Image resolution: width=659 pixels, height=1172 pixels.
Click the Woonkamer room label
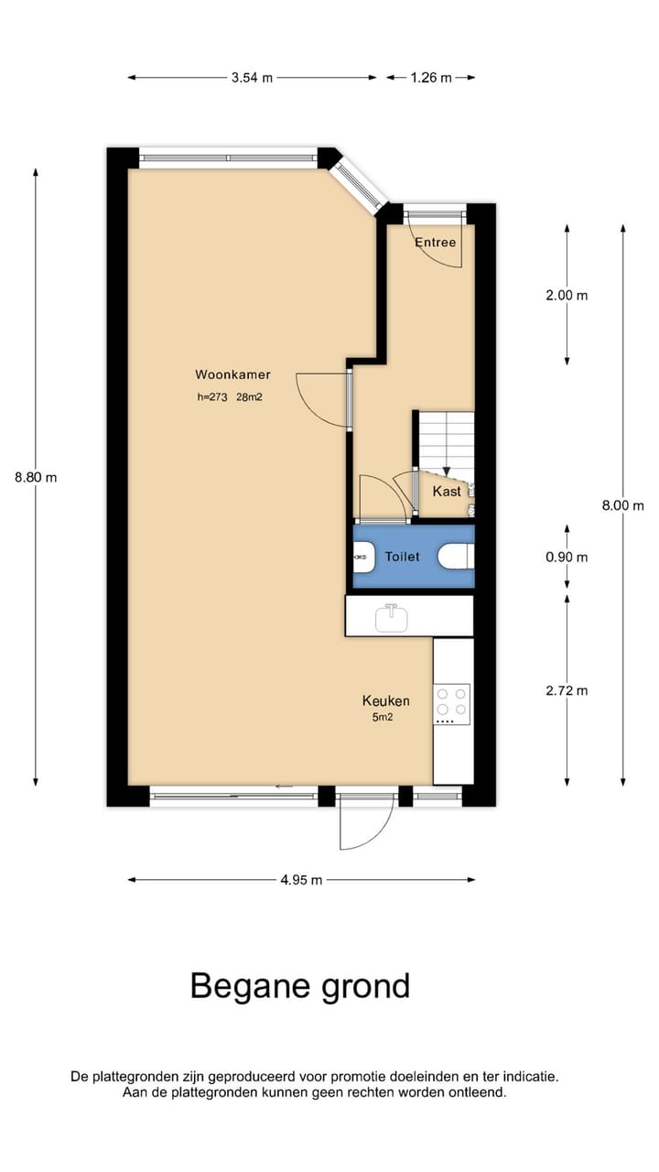pos(232,374)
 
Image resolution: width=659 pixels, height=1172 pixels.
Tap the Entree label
pos(435,243)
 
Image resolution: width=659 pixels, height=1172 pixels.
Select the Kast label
pos(447,492)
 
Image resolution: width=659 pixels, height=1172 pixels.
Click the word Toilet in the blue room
pos(402,556)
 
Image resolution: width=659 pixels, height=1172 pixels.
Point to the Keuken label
pos(385,700)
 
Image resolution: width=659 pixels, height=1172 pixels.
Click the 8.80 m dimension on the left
pos(36,477)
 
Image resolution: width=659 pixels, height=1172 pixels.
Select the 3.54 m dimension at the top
pos(252,78)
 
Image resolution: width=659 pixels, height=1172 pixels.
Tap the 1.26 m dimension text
pos(430,78)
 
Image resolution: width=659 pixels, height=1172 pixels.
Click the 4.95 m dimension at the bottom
pos(301,880)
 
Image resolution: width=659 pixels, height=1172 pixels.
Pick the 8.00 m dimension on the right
pos(622,505)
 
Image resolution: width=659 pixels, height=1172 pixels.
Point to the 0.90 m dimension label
pos(567,557)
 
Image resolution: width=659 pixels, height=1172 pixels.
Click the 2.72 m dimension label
pos(567,690)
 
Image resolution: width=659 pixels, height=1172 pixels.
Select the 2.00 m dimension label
pos(567,295)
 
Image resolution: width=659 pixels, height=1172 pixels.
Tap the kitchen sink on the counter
pos(392,618)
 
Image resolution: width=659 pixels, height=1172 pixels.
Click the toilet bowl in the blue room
pos(456,556)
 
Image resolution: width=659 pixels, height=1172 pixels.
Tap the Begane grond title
pos(300,986)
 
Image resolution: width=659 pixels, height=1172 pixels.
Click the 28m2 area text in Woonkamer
pos(250,397)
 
